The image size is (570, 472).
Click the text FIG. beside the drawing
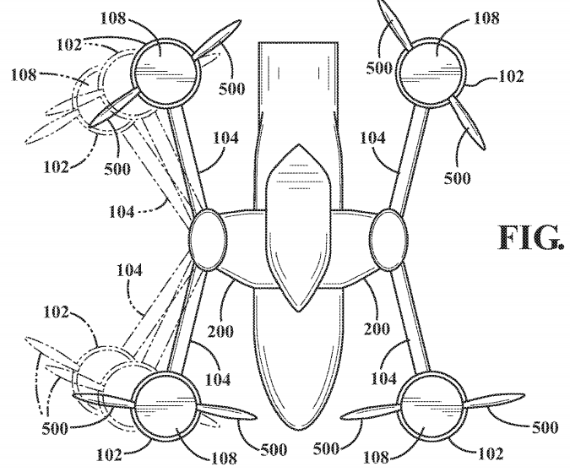pyautogui.click(x=531, y=237)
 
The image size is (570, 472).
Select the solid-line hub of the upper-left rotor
pyautogui.click(x=167, y=73)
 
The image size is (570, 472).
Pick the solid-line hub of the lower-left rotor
pyautogui.click(x=166, y=406)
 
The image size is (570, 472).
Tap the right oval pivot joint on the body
pyautogui.click(x=388, y=240)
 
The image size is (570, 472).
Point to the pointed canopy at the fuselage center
pyautogui.click(x=298, y=228)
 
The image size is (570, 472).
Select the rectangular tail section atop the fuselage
pyautogui.click(x=298, y=125)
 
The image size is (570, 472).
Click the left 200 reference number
pyautogui.click(x=220, y=331)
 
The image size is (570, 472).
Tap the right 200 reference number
pyautogui.click(x=377, y=328)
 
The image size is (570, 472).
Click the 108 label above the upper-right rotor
pyautogui.click(x=486, y=18)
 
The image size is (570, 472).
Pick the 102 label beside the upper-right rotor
pyautogui.click(x=511, y=76)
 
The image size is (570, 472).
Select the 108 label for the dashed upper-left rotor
pyautogui.click(x=24, y=75)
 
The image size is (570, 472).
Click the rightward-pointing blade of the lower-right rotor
pyautogui.click(x=495, y=399)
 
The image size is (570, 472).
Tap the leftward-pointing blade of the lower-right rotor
pyautogui.click(x=371, y=413)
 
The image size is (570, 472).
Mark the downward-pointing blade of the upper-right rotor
pyautogui.click(x=468, y=122)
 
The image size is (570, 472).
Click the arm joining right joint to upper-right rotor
pyautogui.click(x=409, y=157)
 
